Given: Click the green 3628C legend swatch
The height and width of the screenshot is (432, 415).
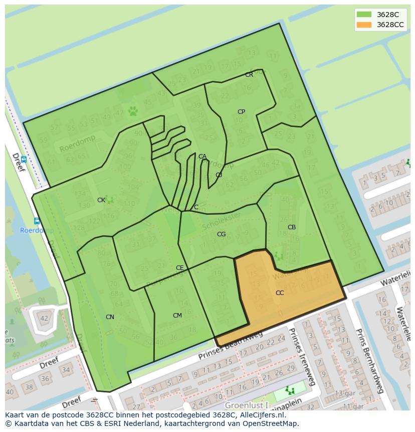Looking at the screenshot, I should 364,15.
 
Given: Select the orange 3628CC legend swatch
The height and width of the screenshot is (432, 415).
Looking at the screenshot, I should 364,25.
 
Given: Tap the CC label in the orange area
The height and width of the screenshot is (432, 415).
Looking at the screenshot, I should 280,293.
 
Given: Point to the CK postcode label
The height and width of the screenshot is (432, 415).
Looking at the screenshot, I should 101,200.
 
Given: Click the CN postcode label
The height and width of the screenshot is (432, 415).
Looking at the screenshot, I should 110,317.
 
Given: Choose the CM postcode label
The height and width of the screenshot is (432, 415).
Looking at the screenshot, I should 177,316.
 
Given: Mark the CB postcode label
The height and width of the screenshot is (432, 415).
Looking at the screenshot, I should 292,227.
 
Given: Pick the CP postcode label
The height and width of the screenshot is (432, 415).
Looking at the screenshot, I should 241,112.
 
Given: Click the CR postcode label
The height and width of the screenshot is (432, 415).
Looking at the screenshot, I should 249,75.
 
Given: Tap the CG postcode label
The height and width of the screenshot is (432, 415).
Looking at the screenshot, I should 221,234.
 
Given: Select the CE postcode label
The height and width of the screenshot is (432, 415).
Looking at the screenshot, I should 179,268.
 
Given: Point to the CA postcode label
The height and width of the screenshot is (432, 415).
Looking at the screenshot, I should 202,157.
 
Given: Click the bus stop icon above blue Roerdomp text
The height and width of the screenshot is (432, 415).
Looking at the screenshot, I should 37,221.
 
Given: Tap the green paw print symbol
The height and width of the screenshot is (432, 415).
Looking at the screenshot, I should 133,111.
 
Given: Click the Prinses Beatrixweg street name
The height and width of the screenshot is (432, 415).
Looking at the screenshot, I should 230,346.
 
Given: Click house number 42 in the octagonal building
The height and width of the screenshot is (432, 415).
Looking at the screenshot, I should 44,318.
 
